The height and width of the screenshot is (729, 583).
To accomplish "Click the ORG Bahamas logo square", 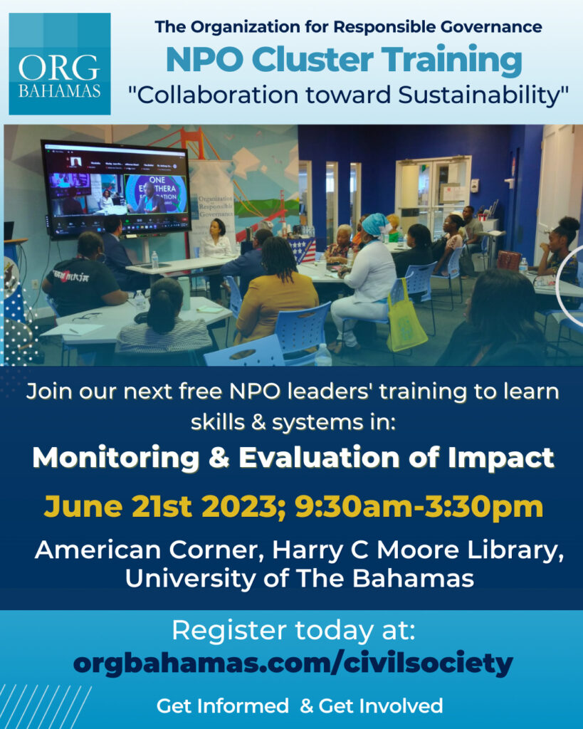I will pyautogui.click(x=60, y=63).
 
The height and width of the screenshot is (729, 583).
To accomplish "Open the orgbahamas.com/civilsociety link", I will pyautogui.click(x=293, y=664).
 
